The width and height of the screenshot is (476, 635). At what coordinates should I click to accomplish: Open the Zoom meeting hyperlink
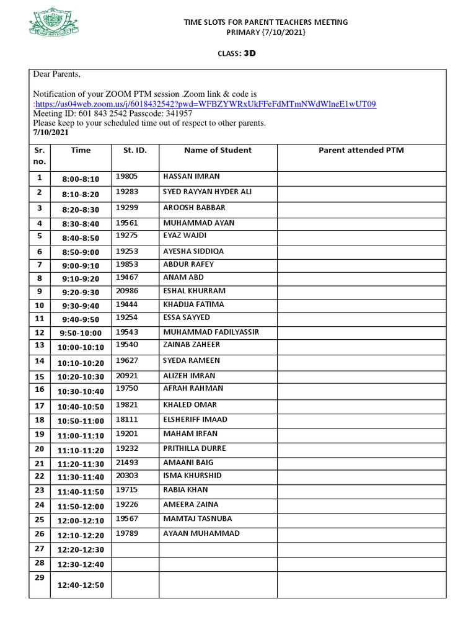(205, 104)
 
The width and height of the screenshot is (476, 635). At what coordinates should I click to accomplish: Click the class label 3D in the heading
(249, 53)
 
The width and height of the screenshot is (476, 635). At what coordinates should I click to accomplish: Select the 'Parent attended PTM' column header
(361, 150)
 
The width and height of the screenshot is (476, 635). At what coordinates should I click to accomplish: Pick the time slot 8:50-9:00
(81, 252)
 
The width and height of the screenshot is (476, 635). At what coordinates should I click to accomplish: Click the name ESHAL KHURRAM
(194, 291)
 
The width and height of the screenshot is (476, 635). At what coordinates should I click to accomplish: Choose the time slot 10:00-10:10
(81, 347)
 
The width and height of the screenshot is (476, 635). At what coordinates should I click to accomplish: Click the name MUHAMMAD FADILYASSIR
(211, 332)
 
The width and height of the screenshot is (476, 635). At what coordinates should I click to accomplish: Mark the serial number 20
(40, 449)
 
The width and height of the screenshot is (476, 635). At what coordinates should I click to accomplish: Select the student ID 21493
(126, 463)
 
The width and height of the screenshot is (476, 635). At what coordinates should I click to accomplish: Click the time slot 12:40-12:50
(81, 585)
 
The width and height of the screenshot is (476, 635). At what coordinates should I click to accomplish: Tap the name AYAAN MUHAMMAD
(201, 533)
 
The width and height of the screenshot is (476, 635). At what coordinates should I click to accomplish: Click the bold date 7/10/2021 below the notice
(51, 132)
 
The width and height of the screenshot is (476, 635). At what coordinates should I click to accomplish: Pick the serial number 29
(40, 577)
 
